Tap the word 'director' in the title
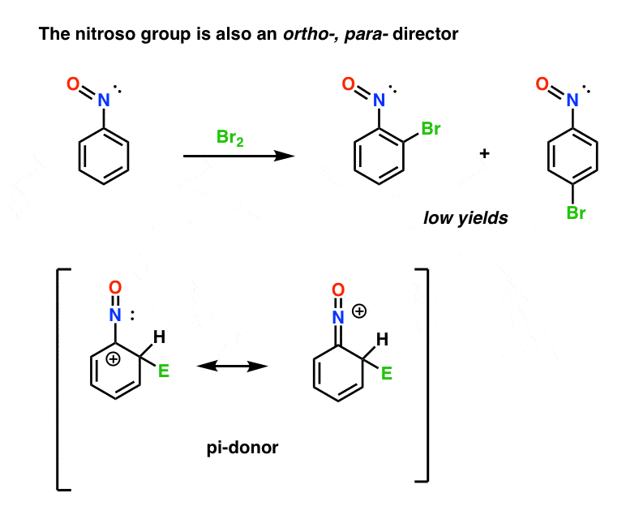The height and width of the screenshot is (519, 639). (x=426, y=34)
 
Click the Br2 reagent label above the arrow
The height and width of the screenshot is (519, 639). (x=230, y=138)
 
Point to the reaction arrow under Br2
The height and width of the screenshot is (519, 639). (x=238, y=156)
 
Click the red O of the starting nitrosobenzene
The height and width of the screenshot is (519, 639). (x=73, y=84)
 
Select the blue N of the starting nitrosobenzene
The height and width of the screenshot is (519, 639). (x=104, y=101)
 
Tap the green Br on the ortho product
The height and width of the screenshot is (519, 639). (x=431, y=129)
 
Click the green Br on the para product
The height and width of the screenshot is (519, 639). (x=577, y=213)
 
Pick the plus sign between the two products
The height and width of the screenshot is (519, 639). (x=485, y=153)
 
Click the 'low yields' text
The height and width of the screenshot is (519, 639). (x=465, y=218)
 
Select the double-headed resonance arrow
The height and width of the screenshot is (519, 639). (x=232, y=367)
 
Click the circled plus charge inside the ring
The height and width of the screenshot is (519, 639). (x=114, y=359)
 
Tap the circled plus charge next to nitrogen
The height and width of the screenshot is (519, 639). (x=359, y=311)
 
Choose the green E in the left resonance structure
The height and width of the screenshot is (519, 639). (x=164, y=371)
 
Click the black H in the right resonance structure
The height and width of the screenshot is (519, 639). (x=382, y=339)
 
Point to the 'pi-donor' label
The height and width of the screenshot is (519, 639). (x=242, y=448)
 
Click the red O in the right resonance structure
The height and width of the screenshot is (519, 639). (x=338, y=290)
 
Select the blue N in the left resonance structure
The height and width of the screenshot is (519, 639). (x=115, y=315)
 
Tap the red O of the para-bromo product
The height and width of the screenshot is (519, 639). (x=542, y=84)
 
